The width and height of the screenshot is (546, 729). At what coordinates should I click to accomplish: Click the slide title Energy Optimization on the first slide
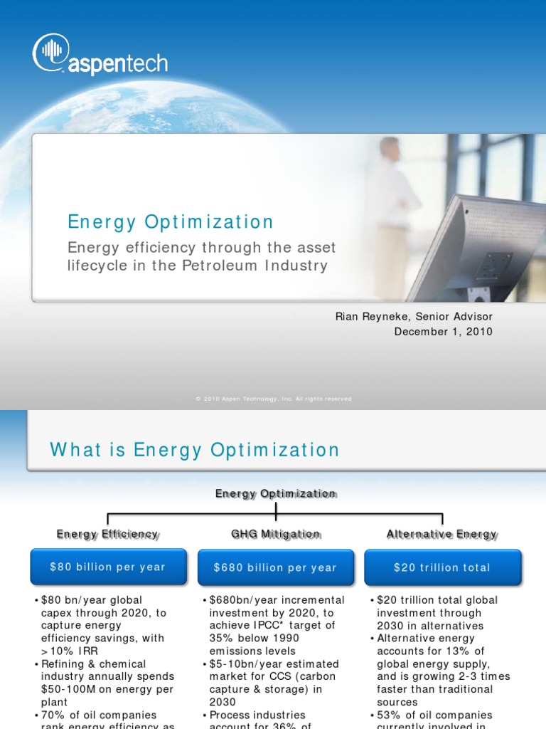171,222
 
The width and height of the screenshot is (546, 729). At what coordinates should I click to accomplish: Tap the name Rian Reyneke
368,316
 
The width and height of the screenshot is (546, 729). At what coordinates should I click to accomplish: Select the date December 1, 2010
443,332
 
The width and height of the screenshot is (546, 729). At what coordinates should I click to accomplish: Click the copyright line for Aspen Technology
273,399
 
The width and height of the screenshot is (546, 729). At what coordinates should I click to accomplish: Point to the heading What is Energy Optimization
195,450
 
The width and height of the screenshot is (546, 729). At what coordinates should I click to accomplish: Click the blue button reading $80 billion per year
107,567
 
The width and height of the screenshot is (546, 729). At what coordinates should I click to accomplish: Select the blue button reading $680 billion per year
275,567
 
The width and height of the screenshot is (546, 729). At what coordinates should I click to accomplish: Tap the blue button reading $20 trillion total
442,567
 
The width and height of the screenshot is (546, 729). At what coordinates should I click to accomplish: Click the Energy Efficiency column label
107,534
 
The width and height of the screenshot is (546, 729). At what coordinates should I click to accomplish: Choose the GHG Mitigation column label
275,534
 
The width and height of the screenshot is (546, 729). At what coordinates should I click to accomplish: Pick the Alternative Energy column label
442,534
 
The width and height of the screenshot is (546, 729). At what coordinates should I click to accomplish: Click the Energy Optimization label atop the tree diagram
275,493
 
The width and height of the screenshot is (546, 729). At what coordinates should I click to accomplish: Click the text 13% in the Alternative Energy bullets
456,651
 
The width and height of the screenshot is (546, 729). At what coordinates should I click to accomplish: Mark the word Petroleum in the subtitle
231,266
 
